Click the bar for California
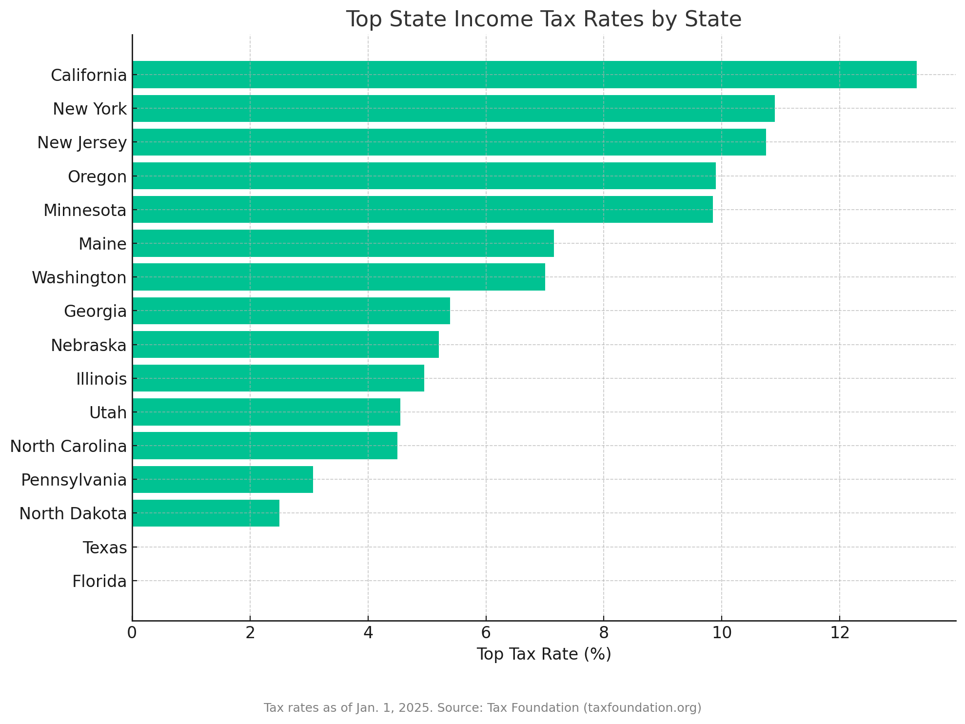[x=524, y=75]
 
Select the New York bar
[x=453, y=108]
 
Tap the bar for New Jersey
[x=449, y=142]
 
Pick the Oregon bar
[x=424, y=176]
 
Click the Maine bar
[x=343, y=243]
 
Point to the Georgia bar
[x=291, y=311]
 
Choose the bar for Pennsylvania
[x=223, y=479]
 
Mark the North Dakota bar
[x=206, y=513]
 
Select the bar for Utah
[x=266, y=412]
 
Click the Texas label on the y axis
[x=105, y=548]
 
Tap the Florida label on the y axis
[x=99, y=581]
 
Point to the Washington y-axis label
[x=79, y=277]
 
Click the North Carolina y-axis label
[x=68, y=446]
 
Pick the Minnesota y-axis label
[x=85, y=210]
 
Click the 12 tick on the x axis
[x=840, y=632]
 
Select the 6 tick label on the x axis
[x=486, y=632]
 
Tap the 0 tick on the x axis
[x=132, y=632]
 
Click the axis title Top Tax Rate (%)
[x=544, y=654]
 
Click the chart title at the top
[x=544, y=20]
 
